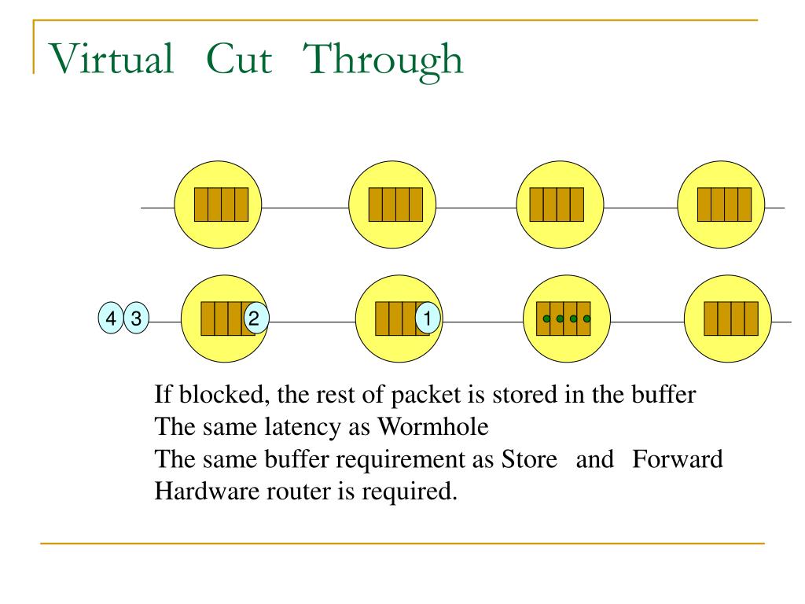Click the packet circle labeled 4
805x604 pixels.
click(111, 319)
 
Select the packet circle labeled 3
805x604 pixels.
click(136, 319)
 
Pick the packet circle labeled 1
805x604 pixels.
click(427, 319)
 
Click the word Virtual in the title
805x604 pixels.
click(111, 59)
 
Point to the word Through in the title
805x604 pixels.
click(383, 59)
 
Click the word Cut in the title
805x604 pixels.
click(239, 59)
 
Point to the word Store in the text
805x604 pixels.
click(528, 459)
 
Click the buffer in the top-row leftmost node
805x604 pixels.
click(222, 204)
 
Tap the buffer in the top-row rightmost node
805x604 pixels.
click(724, 204)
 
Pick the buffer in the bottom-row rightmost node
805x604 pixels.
click(731, 319)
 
